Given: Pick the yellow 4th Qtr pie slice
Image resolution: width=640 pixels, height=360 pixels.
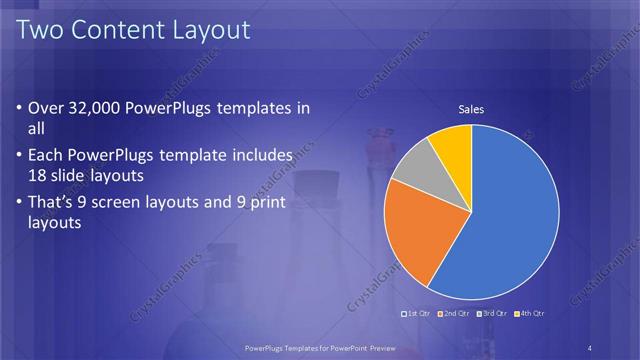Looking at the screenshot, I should click(452, 145).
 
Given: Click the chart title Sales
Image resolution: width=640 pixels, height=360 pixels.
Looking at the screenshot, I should click(471, 109).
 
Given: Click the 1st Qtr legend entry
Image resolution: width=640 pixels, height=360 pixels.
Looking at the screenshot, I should click(416, 314).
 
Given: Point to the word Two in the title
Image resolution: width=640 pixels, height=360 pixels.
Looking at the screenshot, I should click(42, 30).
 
